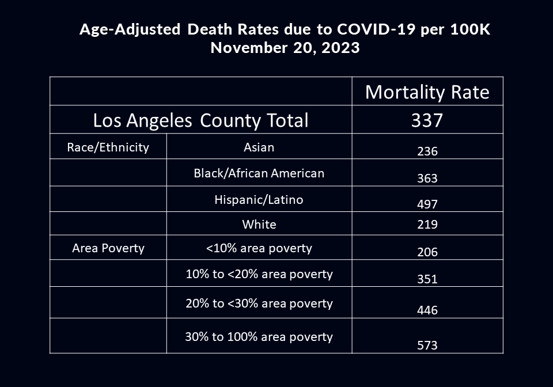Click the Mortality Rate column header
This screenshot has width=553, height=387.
coord(427,92)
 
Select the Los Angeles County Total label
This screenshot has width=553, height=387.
coord(200,120)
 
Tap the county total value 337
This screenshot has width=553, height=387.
coord(427,120)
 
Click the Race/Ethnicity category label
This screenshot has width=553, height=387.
coord(108,147)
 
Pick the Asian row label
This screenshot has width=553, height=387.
coord(259,147)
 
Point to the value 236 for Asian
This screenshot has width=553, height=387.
coord(427,152)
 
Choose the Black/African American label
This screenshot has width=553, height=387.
coord(259,173)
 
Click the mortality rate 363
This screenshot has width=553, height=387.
coord(427,179)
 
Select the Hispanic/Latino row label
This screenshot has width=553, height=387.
coord(259,200)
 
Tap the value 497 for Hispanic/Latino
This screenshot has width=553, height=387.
coord(427,204)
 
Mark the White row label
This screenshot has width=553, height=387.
coord(259,225)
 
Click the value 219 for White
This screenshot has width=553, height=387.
coord(427,225)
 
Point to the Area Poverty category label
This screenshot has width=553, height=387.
coord(108,249)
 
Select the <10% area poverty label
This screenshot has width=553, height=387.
coord(259,249)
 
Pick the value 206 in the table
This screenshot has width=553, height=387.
coord(427,252)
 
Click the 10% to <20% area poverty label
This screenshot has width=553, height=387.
coord(259,274)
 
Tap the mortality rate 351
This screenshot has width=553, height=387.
coord(427,279)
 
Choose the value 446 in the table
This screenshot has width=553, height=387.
coord(427,310)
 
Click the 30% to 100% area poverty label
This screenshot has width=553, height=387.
coord(259,337)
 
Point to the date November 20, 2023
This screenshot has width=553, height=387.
coord(285,48)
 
